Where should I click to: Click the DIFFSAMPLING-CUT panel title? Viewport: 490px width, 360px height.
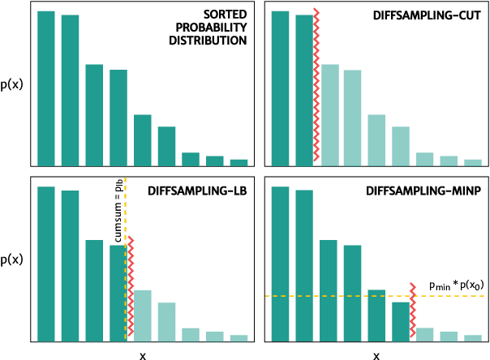click(x=429, y=15)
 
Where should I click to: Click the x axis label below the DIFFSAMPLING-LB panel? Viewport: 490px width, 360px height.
click(x=143, y=354)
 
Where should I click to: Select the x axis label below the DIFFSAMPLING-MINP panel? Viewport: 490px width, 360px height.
click(x=376, y=354)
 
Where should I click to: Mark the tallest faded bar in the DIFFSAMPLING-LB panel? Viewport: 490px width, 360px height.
click(x=142, y=315)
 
